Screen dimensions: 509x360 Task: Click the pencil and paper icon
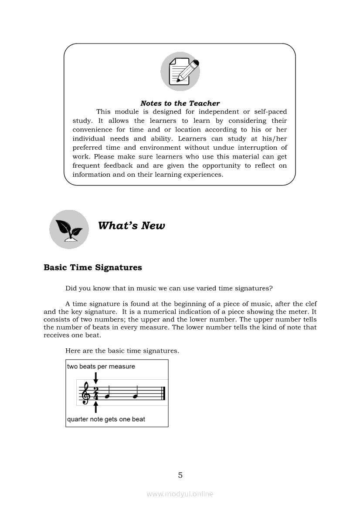(x=180, y=71)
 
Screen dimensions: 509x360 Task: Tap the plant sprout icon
(x=69, y=229)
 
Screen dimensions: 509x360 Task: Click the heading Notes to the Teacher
(x=180, y=103)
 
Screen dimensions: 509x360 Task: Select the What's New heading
(x=131, y=226)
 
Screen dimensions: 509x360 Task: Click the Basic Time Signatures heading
(x=93, y=267)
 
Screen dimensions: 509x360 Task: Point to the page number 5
(x=180, y=475)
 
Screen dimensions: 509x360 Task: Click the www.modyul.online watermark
(x=180, y=494)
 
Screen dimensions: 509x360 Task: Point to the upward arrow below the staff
(x=96, y=408)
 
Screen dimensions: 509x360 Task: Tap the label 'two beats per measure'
(x=101, y=366)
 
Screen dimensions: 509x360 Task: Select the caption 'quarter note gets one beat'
(x=106, y=419)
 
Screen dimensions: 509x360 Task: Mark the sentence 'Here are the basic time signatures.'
(x=122, y=351)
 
